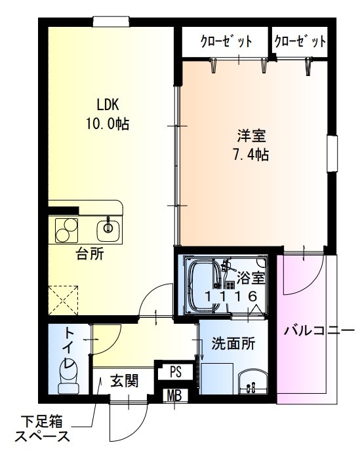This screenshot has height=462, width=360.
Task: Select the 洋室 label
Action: tap(251, 138)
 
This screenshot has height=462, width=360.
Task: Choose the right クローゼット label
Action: tap(300, 43)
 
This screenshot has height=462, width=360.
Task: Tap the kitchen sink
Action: tap(108, 229)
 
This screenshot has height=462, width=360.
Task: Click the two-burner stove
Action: tap(66, 230)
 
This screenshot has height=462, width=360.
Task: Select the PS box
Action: tap(175, 372)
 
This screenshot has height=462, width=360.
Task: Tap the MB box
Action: tap(174, 395)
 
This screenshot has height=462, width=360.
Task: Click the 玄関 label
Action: tap(123, 380)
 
